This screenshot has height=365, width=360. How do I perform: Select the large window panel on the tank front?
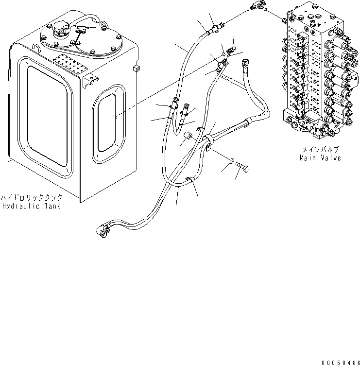click(x=47, y=115)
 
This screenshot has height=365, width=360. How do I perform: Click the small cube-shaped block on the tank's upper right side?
click(x=136, y=69)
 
